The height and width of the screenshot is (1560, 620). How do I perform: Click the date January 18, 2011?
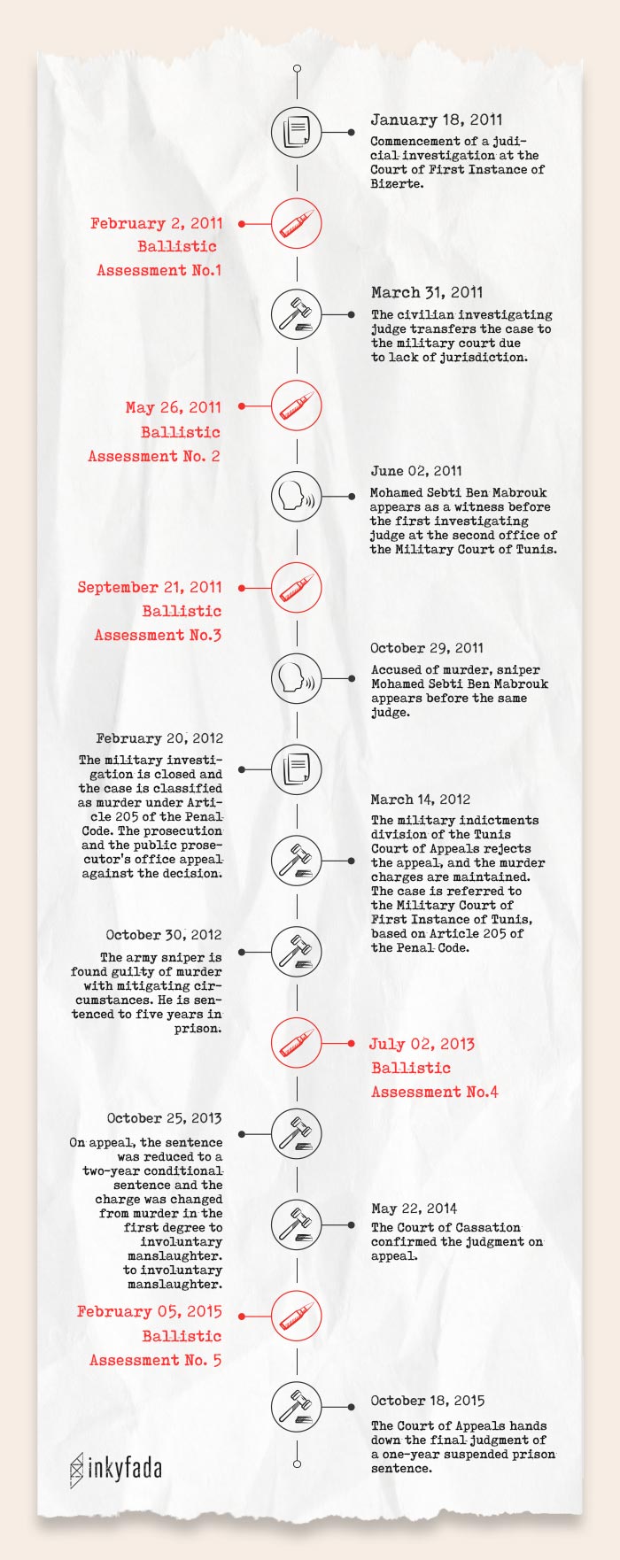coord(436,120)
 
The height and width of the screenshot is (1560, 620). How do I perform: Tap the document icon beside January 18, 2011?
coord(297,133)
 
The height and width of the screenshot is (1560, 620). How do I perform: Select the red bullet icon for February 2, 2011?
coord(297,224)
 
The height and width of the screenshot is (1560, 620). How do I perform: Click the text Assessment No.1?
coord(159,270)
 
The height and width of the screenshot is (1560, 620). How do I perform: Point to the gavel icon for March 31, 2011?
coord(297,314)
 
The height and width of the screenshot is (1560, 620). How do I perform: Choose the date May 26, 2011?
coord(173,407)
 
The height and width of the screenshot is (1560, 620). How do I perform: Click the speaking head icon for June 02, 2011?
coord(297,496)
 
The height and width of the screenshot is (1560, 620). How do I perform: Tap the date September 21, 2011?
coord(149,587)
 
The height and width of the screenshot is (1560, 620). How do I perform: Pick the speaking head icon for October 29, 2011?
coord(297,679)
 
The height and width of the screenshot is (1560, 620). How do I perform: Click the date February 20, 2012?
coord(159,738)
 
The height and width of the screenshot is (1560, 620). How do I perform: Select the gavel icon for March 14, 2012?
coord(297,860)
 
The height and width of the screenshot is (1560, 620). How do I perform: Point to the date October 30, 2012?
coord(163,935)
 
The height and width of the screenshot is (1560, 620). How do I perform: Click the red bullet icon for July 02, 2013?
coord(297,1043)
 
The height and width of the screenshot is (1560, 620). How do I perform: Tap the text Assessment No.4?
coord(434,1092)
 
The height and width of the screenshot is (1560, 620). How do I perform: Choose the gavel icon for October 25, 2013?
coord(297,1134)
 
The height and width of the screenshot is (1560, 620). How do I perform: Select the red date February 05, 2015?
coord(149,1311)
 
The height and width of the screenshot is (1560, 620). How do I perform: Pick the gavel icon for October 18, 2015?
coord(297,1407)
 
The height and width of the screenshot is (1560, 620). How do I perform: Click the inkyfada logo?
coord(116,1469)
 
